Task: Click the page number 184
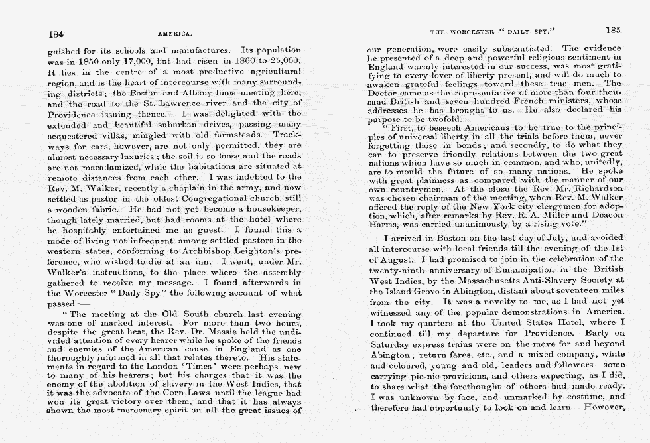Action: click(x=56, y=33)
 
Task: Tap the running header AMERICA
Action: click(x=175, y=33)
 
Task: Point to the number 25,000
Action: click(x=285, y=60)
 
